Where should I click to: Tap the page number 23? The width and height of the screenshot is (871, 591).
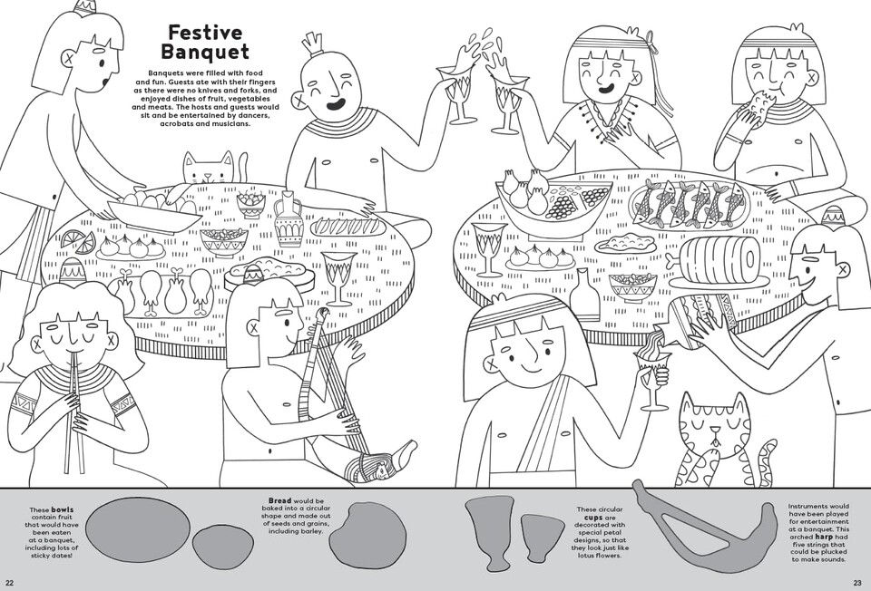857,583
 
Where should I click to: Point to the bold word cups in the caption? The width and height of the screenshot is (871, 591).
594,518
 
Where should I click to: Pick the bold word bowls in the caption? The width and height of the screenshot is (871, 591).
63,510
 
